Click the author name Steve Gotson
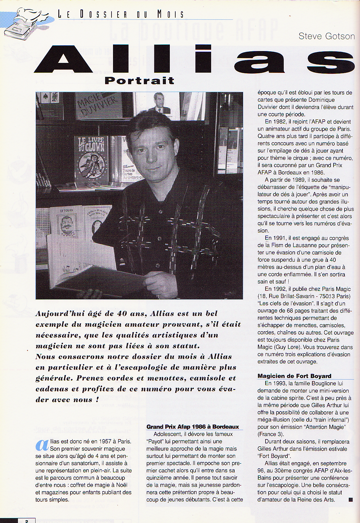[327, 36]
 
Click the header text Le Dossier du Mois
[121, 14]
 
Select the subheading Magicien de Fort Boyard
[294, 376]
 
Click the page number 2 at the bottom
[27, 521]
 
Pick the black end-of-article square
[351, 499]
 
